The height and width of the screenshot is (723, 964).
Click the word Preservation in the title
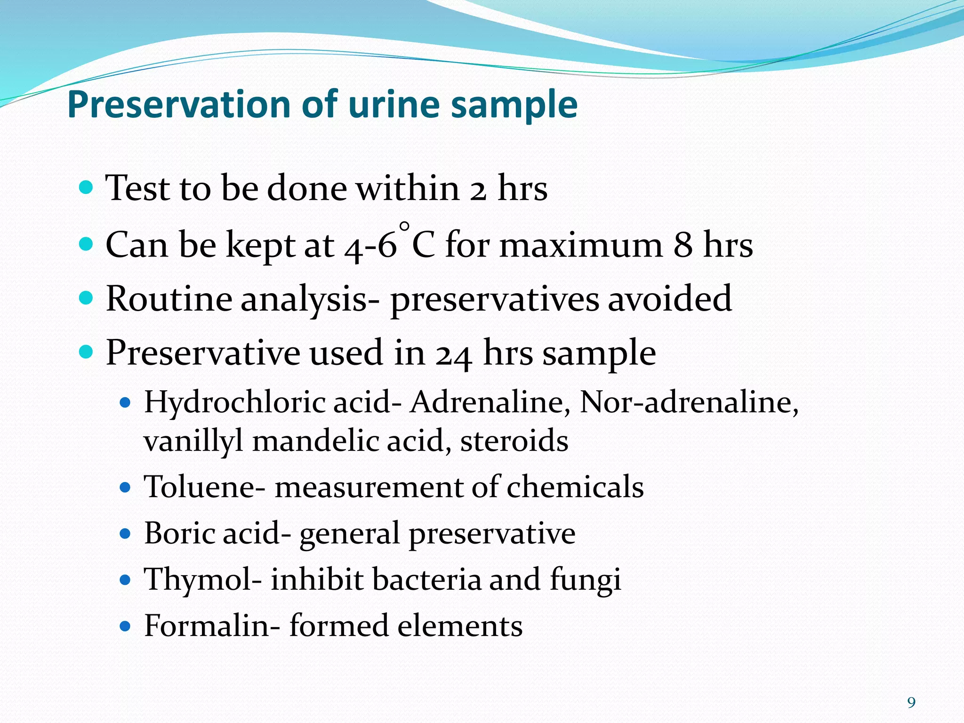pos(179,104)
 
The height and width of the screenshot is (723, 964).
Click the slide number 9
pos(912,703)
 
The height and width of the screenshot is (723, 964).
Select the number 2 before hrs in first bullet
pos(478,189)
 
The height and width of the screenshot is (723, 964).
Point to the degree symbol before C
pos(404,227)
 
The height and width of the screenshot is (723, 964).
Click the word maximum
pos(580,245)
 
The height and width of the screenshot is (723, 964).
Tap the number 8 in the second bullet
pos(683,245)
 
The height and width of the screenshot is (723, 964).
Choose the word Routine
pos(169,299)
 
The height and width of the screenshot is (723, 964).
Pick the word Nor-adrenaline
pos(689,403)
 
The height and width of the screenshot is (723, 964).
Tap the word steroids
pos(514,441)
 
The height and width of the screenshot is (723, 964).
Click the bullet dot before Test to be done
pos(86,189)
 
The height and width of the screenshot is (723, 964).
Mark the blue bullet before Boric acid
pos(125,534)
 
